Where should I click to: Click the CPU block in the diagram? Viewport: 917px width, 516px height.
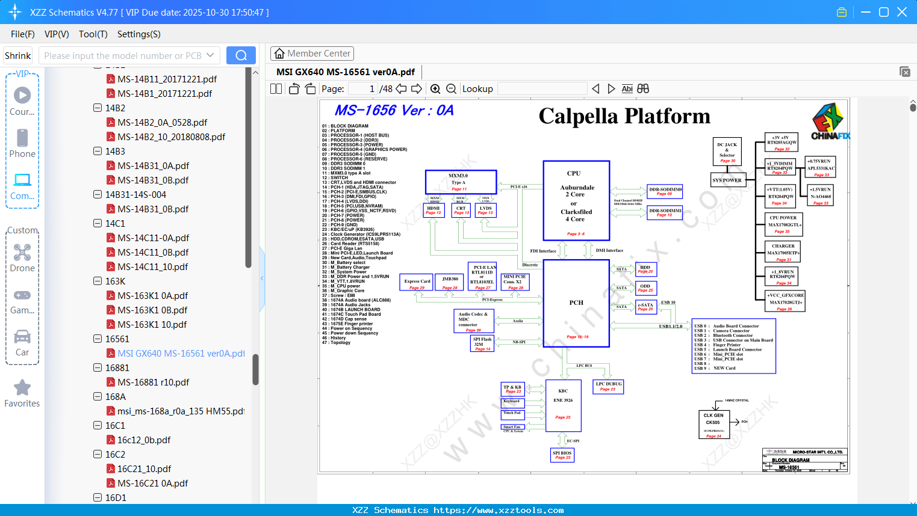pos(576,200)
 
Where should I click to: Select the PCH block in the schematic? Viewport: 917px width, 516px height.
pos(576,303)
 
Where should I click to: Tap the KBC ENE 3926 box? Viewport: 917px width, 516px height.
pos(563,405)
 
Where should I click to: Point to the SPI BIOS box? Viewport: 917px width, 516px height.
pos(562,455)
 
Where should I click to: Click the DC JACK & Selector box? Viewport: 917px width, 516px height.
pos(727,152)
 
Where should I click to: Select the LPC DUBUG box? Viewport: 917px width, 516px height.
pos(608,387)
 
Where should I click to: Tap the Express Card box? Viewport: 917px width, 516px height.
pos(417,283)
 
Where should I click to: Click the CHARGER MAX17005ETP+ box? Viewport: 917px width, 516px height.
pos(783,252)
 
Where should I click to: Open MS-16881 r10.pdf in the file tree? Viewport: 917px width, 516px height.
pos(153,382)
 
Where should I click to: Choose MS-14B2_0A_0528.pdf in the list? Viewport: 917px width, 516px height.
pos(162,123)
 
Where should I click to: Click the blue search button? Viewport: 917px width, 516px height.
pos(241,55)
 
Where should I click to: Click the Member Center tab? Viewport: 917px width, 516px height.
pos(312,54)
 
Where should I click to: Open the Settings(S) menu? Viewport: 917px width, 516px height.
pos(138,34)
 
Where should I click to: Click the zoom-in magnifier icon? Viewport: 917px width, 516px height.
pos(435,89)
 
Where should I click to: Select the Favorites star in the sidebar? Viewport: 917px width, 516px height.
pos(22,389)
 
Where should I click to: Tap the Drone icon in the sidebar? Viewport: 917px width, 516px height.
pos(22,253)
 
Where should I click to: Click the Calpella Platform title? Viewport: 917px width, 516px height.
pos(624,116)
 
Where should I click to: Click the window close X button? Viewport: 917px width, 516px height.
pos(902,12)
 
